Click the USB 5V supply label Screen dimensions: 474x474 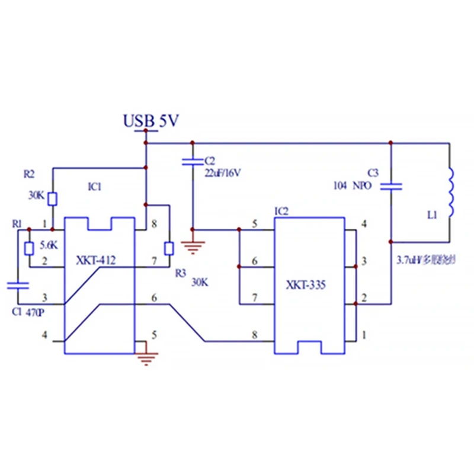150,121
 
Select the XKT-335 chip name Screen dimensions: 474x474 308,284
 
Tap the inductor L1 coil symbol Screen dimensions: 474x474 450,193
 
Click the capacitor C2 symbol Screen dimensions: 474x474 191,161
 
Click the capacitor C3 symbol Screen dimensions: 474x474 390,186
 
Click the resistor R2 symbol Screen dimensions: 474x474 53,198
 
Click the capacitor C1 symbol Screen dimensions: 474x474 17,286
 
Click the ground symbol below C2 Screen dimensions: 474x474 191,246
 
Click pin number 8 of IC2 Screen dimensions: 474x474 255,335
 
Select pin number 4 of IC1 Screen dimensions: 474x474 44,335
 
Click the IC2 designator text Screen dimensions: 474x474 281,211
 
